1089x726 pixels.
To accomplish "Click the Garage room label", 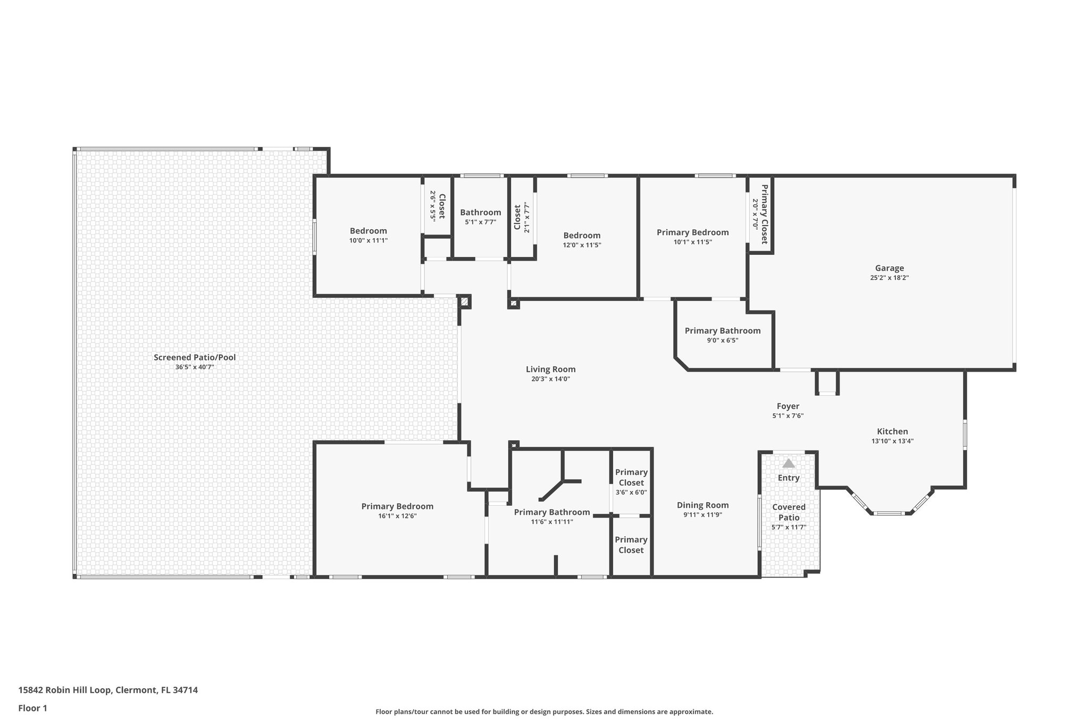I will coord(889,268).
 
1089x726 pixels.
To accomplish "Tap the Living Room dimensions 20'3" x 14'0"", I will coord(550,379).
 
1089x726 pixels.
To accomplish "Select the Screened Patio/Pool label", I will coord(195,357).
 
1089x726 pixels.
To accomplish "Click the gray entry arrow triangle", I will coord(788,463).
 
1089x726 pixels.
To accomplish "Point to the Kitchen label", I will coord(892,431).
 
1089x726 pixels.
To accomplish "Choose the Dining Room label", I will coord(702,505).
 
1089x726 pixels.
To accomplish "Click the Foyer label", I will coord(788,406).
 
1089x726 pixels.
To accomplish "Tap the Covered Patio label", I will coord(789,512).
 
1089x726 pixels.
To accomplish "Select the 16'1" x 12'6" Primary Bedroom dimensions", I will coord(397,516).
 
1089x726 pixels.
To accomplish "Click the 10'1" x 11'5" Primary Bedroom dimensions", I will coord(692,242).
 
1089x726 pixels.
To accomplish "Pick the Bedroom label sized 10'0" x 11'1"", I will coord(368,231).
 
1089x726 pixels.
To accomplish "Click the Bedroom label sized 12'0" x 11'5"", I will coord(582,235).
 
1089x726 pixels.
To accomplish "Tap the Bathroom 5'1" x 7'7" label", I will coord(480,212).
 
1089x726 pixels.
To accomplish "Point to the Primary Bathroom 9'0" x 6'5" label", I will coord(722,331).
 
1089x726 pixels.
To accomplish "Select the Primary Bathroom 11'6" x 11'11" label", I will coord(551,512).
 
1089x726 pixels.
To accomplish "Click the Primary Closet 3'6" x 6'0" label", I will coord(631,477).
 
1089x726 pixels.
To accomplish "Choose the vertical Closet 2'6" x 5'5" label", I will coord(441,206).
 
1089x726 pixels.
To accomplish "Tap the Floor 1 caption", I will coord(32,708).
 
